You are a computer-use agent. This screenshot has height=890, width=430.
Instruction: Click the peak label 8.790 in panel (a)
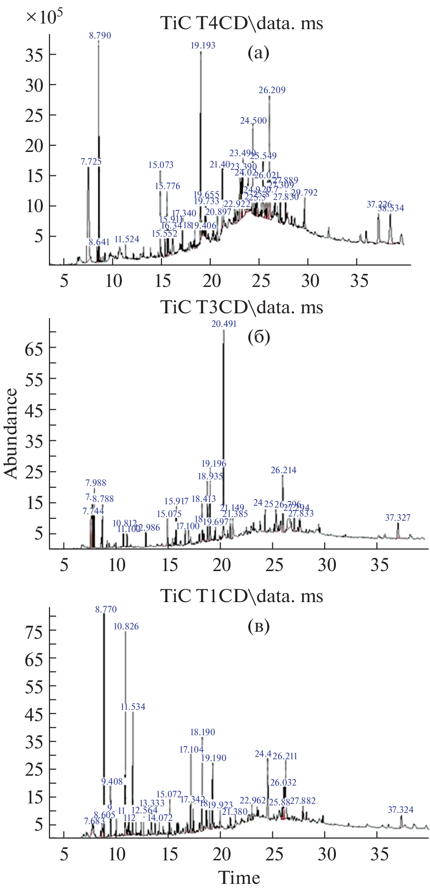[x=100, y=35]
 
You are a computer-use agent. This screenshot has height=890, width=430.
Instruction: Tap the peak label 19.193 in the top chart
[x=203, y=45]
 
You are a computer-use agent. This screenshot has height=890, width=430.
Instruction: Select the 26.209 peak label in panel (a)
[x=272, y=90]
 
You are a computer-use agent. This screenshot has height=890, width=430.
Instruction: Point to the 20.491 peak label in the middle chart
[x=224, y=324]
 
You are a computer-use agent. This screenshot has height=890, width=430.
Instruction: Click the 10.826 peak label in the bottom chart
[x=126, y=627]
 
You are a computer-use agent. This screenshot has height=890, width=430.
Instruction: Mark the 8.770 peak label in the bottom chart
[x=106, y=609]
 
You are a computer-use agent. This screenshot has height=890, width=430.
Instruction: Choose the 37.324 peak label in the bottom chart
[x=400, y=810]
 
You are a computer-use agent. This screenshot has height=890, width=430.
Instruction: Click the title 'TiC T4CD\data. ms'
[x=242, y=24]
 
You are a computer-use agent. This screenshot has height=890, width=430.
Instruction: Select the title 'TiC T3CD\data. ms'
[x=242, y=307]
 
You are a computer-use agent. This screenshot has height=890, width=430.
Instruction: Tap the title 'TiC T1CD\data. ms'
[x=242, y=596]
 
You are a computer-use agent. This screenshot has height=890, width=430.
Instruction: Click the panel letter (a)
[x=258, y=53]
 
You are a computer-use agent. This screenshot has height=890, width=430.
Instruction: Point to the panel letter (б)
[x=258, y=337]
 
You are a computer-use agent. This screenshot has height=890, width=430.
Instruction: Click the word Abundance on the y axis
[x=10, y=433]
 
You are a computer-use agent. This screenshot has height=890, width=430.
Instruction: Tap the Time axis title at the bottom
[x=239, y=877]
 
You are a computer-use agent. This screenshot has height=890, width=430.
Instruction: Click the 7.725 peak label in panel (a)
[x=91, y=161]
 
